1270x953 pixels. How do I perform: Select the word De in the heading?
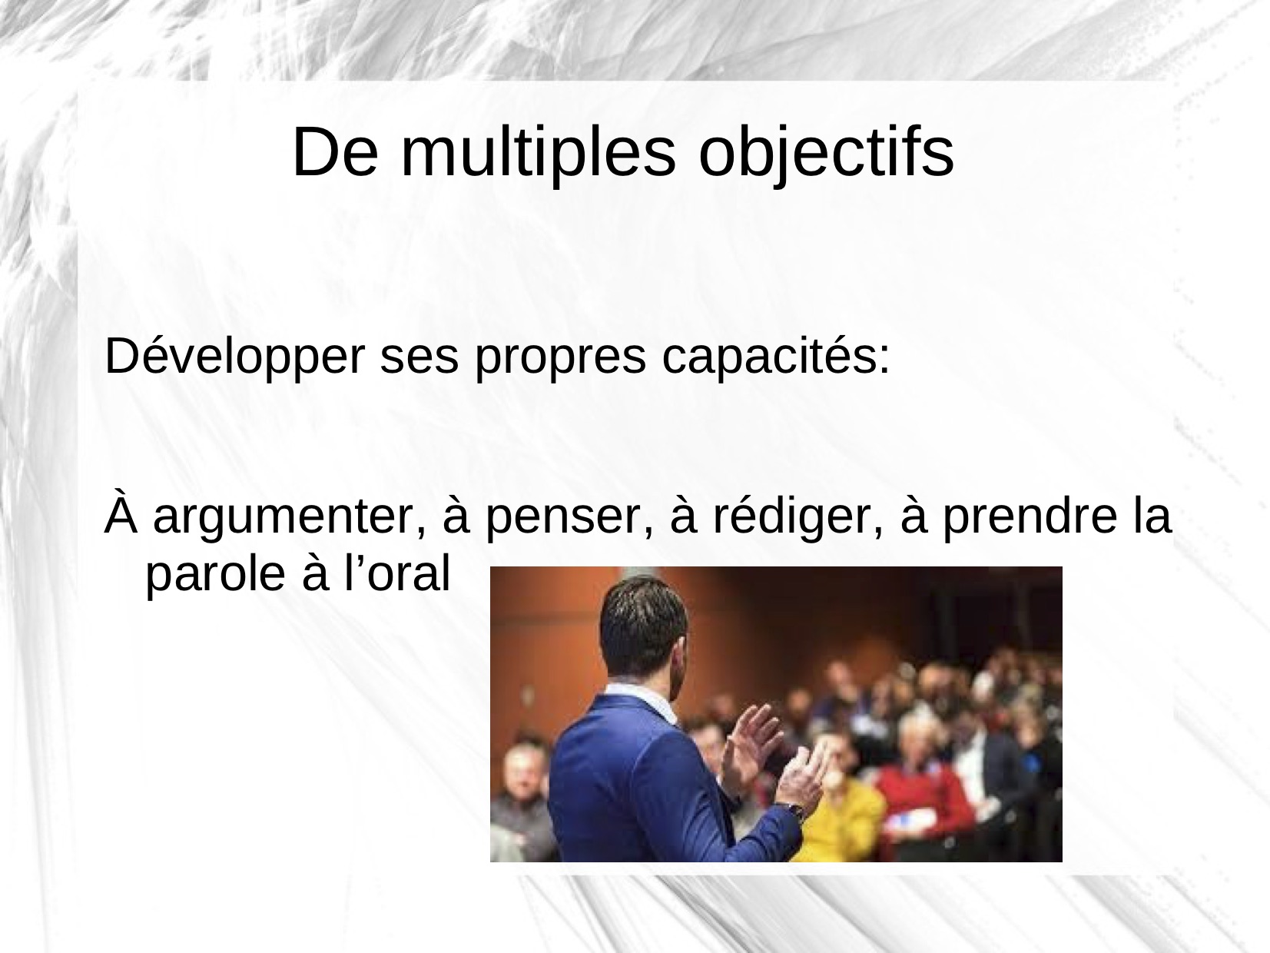(335, 152)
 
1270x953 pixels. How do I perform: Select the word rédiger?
(798, 516)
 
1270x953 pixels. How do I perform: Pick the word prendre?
(1030, 516)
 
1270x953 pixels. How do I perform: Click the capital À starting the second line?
(121, 510)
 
